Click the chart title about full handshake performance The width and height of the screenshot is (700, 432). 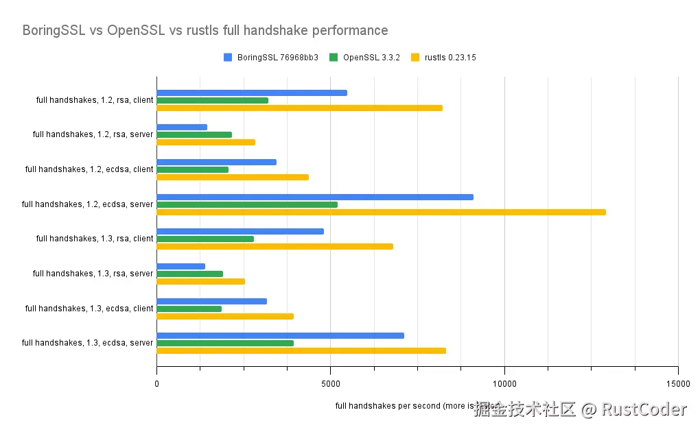(205, 31)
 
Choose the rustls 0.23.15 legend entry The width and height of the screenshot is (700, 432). (443, 58)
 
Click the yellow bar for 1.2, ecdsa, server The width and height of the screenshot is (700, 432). (381, 212)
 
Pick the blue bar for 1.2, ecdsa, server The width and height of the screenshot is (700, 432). (315, 197)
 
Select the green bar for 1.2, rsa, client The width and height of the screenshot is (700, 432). (212, 100)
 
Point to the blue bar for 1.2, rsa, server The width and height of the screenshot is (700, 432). (182, 127)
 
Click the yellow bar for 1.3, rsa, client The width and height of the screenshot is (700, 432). (275, 246)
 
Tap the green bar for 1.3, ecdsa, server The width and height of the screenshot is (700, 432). (225, 343)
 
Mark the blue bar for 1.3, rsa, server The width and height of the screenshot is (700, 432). (180, 266)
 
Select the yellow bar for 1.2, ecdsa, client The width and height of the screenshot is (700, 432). (233, 177)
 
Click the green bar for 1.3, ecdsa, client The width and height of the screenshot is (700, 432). (189, 309)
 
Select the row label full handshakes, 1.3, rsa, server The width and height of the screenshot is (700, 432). (93, 274)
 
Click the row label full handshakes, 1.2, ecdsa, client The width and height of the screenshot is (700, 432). (89, 169)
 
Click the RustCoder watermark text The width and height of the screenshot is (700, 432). (644, 410)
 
